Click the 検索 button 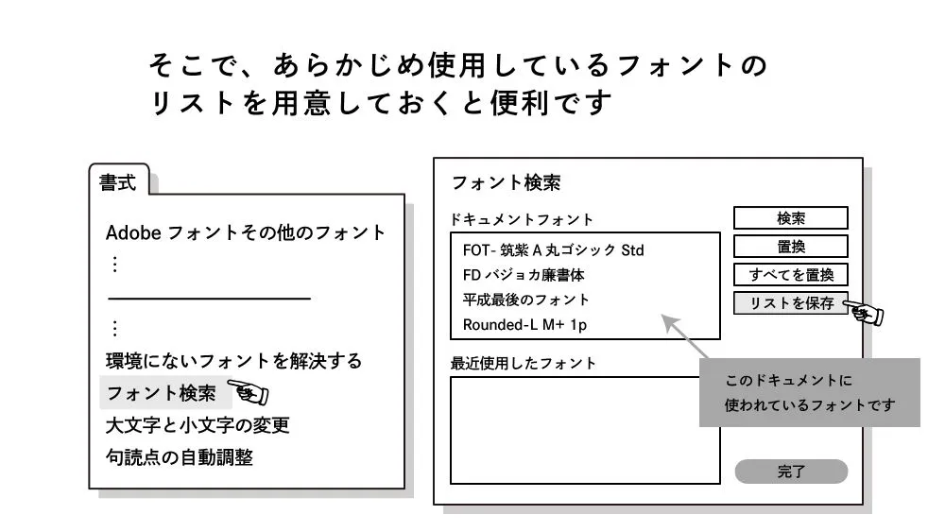coord(791,218)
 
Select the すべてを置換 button coord(791,275)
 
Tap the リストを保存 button coord(791,303)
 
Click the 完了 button coord(791,472)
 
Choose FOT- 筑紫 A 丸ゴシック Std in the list coord(553,250)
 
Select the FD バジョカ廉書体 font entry coord(524,275)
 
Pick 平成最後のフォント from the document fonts coord(525,300)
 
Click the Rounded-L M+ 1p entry coord(525,325)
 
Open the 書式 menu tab coord(119,183)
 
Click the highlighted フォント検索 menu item coord(162,393)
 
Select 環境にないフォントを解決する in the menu coord(233,361)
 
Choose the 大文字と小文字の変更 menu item coord(197,425)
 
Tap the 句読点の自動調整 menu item coord(179,458)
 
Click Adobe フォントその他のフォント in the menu coord(246,232)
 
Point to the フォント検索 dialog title coord(506,183)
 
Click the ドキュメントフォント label coord(523,219)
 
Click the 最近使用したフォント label coord(524,363)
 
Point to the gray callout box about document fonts coord(809,393)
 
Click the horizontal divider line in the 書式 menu coord(209,299)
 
